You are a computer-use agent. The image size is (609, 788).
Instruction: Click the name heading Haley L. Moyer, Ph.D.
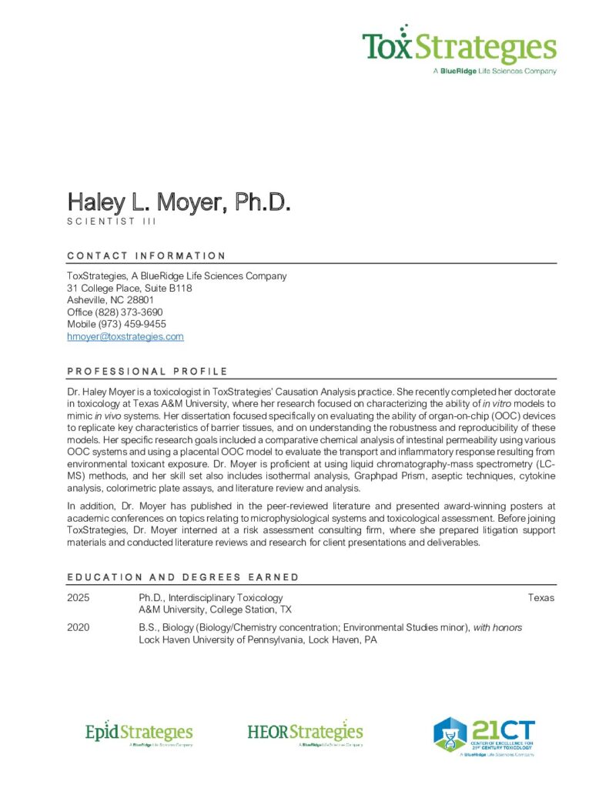179,203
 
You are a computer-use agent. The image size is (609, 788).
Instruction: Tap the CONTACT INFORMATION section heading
146,255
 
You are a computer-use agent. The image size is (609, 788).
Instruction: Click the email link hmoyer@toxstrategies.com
125,337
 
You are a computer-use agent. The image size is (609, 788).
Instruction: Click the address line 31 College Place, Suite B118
129,288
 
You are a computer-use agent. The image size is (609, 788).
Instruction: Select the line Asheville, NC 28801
111,300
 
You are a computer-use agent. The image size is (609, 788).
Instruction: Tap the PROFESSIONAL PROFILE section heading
147,371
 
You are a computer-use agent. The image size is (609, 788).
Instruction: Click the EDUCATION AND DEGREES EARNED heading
182,577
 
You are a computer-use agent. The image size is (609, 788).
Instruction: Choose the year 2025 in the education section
78,598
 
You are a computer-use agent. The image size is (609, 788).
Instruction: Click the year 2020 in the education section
78,628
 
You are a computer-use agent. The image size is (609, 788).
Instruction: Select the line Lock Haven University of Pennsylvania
257,640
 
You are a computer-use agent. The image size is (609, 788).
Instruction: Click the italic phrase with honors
497,628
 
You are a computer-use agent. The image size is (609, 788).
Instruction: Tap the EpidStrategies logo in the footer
139,733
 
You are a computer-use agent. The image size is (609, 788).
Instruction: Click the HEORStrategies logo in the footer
305,733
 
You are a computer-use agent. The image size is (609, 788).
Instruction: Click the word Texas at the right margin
541,598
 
